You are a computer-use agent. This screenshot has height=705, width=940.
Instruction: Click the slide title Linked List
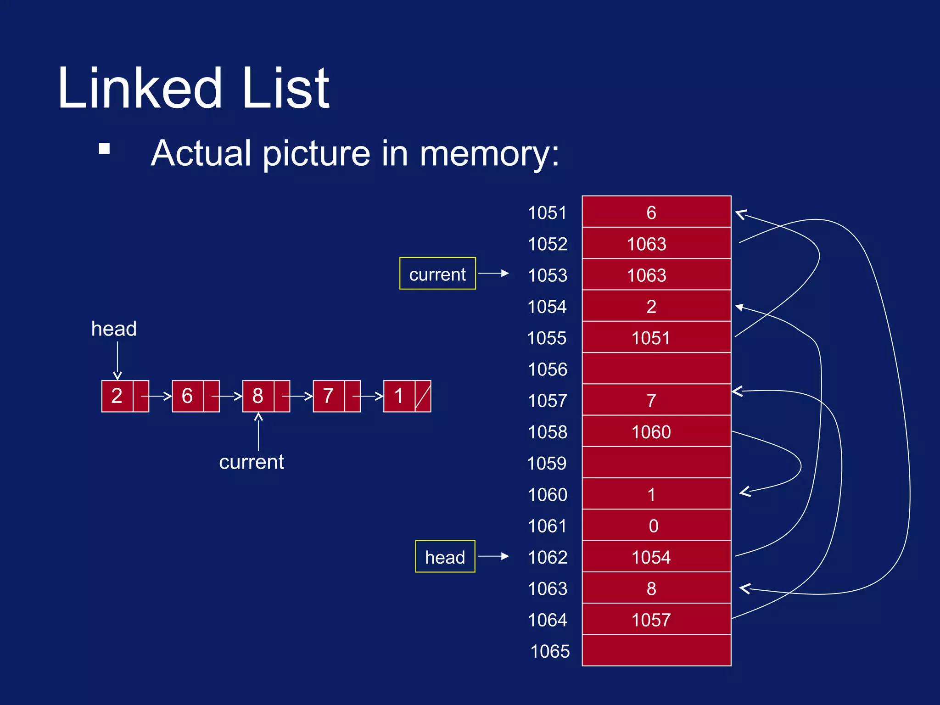tap(193, 88)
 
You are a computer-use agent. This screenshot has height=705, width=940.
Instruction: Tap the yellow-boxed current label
tap(437, 274)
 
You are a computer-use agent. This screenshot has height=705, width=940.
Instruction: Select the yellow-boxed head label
tap(445, 557)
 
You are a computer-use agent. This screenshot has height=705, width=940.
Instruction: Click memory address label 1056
tap(547, 369)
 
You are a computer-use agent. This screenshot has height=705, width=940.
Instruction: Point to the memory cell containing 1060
tap(656, 431)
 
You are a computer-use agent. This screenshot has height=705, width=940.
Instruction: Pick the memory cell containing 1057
tap(656, 620)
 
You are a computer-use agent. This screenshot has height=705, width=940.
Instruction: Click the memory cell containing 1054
tap(656, 557)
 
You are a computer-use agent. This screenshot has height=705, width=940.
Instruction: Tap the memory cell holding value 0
tap(656, 526)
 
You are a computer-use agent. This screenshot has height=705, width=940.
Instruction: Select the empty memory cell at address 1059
tap(656, 463)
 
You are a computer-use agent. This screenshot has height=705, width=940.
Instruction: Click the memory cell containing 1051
tap(656, 338)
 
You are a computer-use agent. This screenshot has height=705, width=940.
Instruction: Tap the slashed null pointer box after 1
tap(423, 396)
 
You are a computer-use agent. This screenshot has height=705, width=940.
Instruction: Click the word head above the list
tap(114, 329)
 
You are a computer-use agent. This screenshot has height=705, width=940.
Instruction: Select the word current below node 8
tap(251, 462)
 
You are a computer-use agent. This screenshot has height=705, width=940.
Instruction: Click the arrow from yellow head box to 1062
tap(493, 556)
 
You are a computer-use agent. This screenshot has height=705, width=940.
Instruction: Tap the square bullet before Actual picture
tap(104, 149)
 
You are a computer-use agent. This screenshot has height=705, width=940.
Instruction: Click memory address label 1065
tap(549, 651)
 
